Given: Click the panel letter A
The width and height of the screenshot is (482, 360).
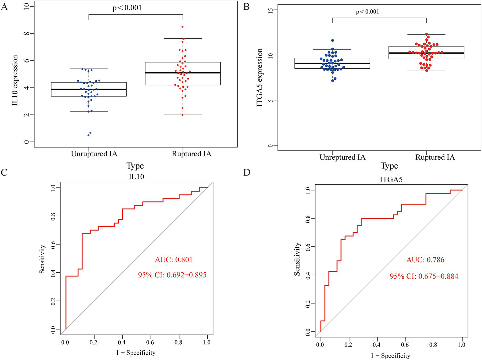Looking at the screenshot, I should click(4, 7).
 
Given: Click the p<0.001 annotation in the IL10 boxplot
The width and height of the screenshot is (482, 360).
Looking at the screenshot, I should click(127, 8).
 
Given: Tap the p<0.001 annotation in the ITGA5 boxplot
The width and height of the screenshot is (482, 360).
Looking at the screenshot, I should click(367, 12).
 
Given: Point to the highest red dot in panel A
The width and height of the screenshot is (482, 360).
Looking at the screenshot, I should click(182, 27).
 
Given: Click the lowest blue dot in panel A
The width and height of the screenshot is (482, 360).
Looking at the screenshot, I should click(88, 135).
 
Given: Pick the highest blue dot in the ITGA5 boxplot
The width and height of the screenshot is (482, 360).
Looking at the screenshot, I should click(333, 40).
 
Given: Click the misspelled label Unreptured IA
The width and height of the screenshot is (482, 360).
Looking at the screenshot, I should click(342, 157).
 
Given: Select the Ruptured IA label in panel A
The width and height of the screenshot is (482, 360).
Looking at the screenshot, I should click(192, 154).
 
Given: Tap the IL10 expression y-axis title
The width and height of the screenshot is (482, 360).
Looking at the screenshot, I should click(15, 80).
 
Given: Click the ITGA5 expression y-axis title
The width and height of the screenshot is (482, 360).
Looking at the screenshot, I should click(259, 78).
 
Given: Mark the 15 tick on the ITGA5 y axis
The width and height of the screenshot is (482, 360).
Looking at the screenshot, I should click(271, 10).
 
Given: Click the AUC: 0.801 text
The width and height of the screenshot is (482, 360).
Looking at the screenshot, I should click(174, 260).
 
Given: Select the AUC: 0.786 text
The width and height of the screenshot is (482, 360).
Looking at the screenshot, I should click(425, 260).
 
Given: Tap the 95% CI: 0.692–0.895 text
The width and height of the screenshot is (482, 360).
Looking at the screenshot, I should click(172, 275).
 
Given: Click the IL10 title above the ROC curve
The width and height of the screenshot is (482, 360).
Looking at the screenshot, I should click(136, 177).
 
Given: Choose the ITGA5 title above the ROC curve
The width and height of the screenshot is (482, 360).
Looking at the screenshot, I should click(391, 180).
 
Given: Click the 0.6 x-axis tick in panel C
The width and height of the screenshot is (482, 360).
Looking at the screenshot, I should click(150, 342).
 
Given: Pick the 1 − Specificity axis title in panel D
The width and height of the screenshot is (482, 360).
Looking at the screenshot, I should click(390, 356).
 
